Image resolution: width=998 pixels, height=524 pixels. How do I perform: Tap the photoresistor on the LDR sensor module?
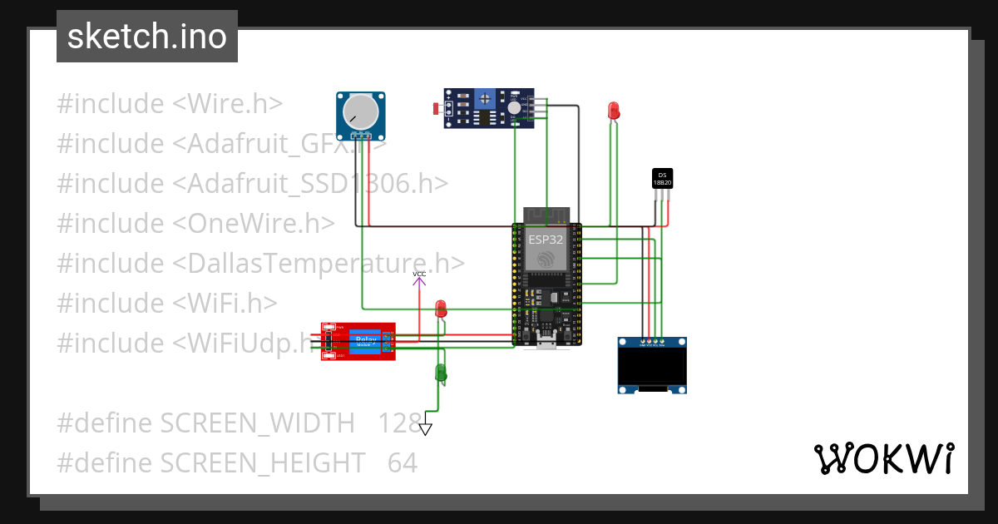pos(437,108)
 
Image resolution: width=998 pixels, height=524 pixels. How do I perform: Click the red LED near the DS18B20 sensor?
pos(614,110)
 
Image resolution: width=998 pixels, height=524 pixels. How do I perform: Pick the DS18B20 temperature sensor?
pos(662,178)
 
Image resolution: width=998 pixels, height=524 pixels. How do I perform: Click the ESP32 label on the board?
pos(546,239)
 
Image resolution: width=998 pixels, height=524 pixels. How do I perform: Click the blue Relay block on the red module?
pos(365,340)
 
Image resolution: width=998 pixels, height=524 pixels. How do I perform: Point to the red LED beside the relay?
pos(441,309)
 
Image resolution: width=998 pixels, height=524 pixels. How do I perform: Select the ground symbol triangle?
pos(426,429)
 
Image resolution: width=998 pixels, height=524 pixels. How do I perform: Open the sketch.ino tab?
pos(147,37)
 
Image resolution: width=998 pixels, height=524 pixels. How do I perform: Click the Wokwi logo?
pos(883,458)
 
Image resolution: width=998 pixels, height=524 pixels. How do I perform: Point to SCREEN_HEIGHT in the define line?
pos(263,462)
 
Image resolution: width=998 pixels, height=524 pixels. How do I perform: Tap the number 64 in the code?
pos(403,462)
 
